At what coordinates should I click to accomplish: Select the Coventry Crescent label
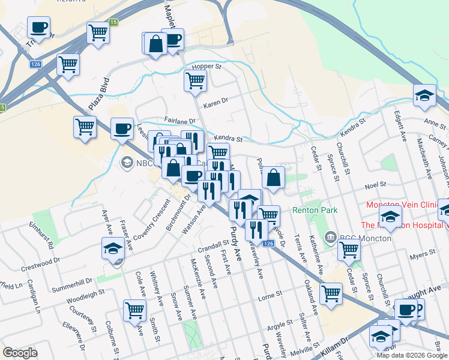(152, 221)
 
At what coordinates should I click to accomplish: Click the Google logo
(20, 353)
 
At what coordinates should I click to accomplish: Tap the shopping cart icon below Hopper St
(195, 80)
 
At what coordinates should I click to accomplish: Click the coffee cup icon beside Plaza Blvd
(122, 128)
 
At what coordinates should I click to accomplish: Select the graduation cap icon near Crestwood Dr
(112, 248)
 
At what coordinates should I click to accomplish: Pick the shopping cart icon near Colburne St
(135, 310)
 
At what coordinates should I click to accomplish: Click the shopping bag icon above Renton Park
(273, 178)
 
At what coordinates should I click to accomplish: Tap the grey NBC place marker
(127, 162)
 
